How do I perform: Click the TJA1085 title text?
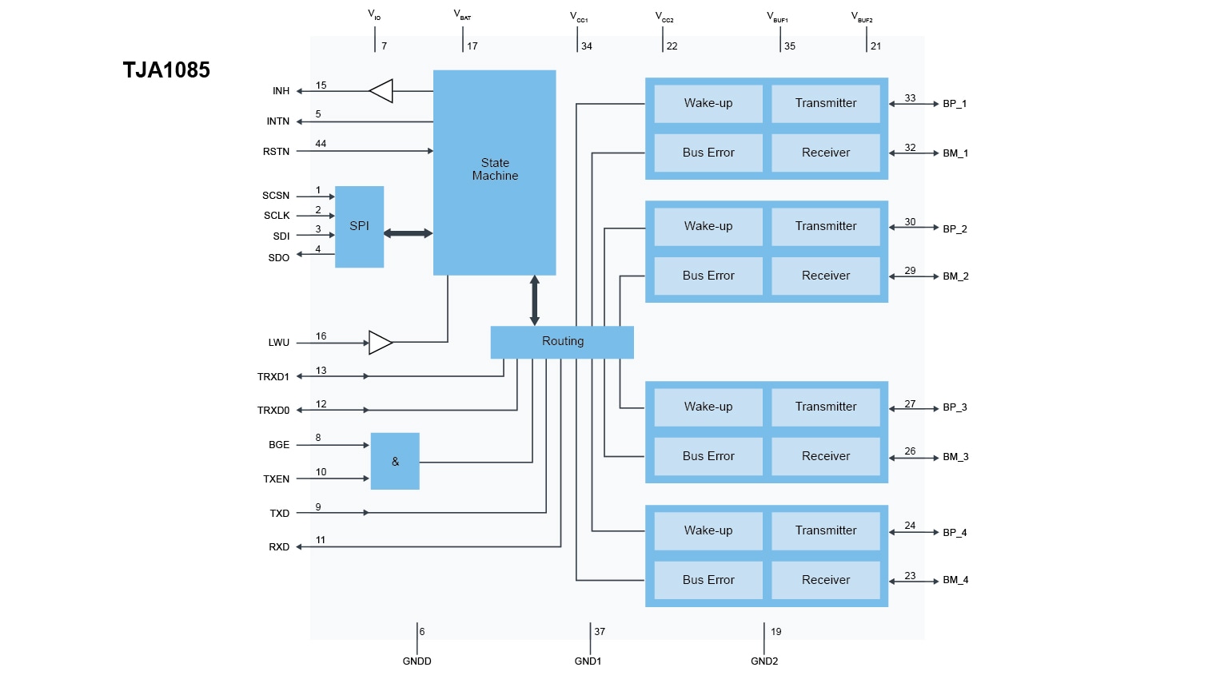click(166, 70)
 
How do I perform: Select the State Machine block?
click(494, 172)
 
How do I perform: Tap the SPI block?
click(359, 226)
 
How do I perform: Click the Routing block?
click(562, 342)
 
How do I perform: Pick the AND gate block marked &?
click(395, 461)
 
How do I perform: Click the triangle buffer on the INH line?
click(381, 91)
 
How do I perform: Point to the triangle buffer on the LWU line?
click(381, 343)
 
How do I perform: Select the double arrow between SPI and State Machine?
click(408, 233)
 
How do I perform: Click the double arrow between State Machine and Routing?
click(534, 300)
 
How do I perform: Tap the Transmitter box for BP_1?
click(825, 104)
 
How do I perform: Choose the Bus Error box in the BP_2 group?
click(708, 276)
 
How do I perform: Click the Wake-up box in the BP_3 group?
click(708, 407)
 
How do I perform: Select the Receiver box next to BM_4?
click(825, 580)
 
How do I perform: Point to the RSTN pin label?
click(276, 152)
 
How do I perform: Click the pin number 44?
click(321, 144)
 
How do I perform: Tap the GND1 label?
click(588, 661)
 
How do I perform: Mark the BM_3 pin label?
click(955, 457)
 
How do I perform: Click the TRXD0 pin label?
click(273, 411)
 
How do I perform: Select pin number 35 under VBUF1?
click(790, 46)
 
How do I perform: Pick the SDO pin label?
click(278, 258)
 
